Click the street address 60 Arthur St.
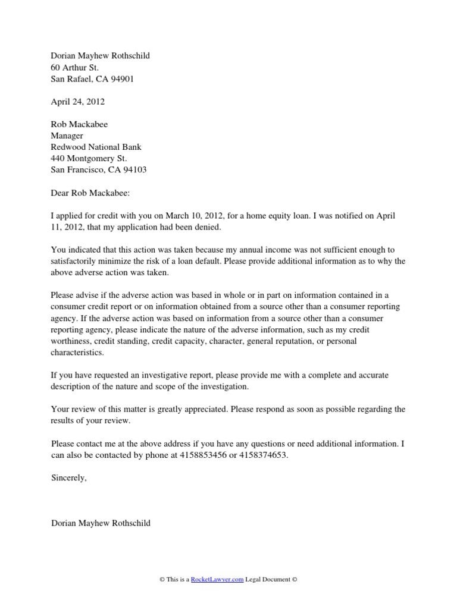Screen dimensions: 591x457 [75, 67]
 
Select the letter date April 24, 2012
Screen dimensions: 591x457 [78, 102]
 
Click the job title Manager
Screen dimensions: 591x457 [67, 136]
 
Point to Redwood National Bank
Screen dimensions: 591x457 [96, 147]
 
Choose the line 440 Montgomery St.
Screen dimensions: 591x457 [89, 158]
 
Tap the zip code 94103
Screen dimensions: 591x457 [134, 169]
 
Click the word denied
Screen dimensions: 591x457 [221, 227]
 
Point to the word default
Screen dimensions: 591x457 [238, 261]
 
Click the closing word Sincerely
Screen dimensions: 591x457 [69, 478]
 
